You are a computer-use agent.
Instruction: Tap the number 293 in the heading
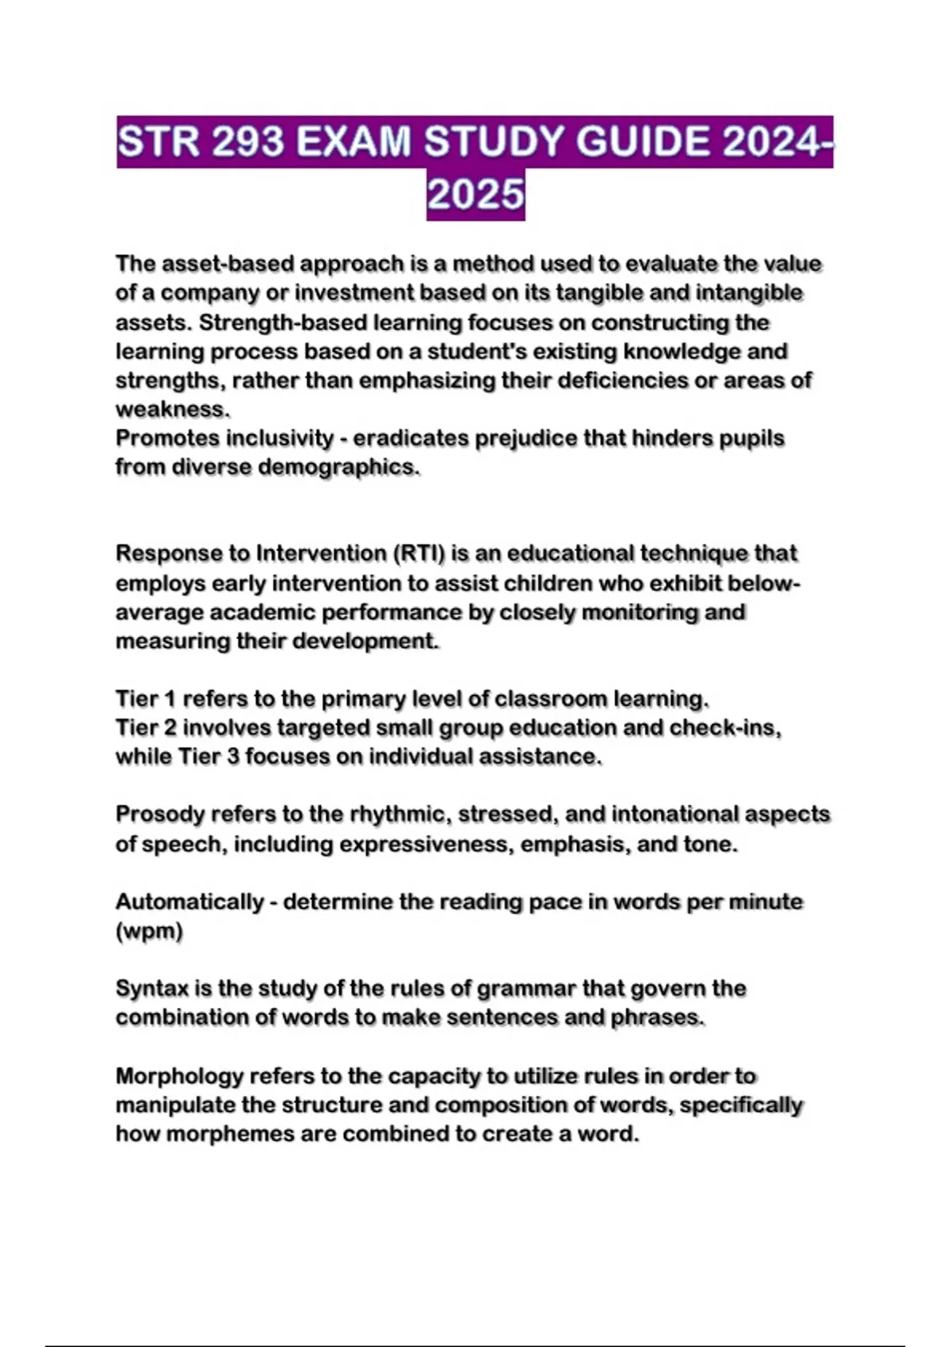[x=248, y=143]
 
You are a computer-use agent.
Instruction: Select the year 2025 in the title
[x=475, y=194]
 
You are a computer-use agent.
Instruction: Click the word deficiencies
[x=622, y=380]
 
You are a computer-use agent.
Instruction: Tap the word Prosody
[x=160, y=815]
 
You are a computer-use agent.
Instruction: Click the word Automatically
[x=189, y=902]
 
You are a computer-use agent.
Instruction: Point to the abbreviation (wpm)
[x=149, y=931]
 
